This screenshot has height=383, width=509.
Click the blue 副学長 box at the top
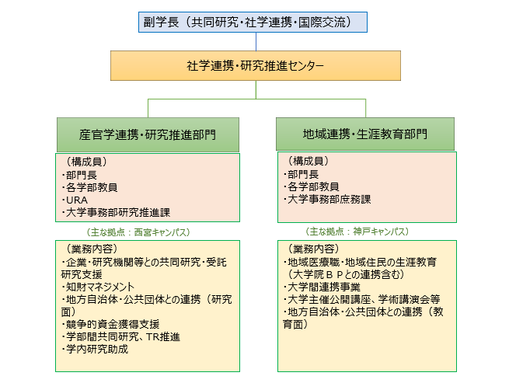pyautogui.click(x=253, y=22)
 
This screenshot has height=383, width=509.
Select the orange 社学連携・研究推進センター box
pyautogui.click(x=256, y=65)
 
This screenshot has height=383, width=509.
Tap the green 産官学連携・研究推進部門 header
pyautogui.click(x=148, y=134)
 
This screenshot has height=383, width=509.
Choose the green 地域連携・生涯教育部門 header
pyautogui.click(x=365, y=134)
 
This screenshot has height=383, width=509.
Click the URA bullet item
pyautogui.click(x=75, y=200)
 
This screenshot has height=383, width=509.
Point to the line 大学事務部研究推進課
pyautogui.click(x=116, y=213)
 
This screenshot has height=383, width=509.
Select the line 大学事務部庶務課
pyautogui.click(x=327, y=199)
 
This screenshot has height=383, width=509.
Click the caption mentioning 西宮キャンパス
pyautogui.click(x=138, y=232)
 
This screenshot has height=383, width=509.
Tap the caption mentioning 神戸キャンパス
pyautogui.click(x=357, y=232)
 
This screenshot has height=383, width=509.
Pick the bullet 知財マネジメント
pyautogui.click(x=98, y=287)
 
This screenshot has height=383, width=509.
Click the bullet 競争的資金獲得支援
pyautogui.click(x=110, y=324)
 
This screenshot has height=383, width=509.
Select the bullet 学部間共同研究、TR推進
pyautogui.click(x=120, y=337)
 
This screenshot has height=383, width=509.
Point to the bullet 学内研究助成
pyautogui.click(x=95, y=350)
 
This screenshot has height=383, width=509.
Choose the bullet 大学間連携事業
pyautogui.click(x=322, y=287)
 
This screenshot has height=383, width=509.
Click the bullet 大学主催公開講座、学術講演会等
pyautogui.click(x=361, y=299)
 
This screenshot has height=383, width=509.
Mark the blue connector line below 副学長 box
pyautogui.click(x=256, y=41)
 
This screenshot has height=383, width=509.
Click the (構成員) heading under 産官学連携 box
pyautogui.click(x=87, y=162)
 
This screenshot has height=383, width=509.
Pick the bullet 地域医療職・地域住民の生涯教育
pyautogui.click(x=360, y=262)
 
